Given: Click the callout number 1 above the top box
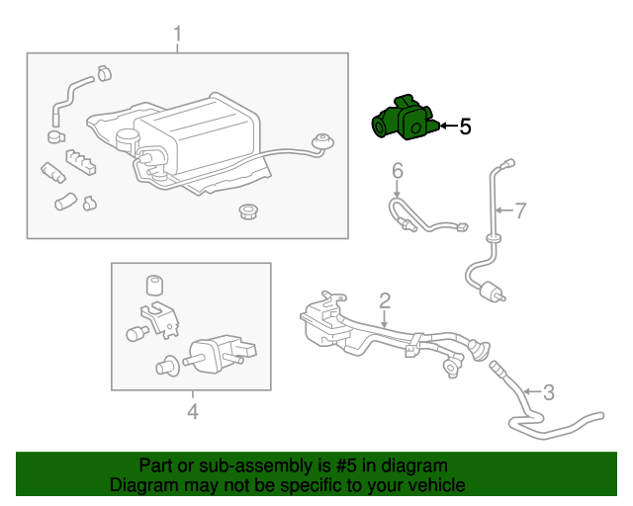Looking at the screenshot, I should click(178, 37).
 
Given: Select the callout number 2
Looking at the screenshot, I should click(385, 299).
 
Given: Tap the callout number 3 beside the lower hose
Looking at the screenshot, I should click(549, 390).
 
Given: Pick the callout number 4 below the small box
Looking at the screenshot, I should click(192, 411).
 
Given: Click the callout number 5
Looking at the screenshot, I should click(465, 126).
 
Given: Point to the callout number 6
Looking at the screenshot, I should click(397, 171).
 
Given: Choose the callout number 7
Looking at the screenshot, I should click(520, 210).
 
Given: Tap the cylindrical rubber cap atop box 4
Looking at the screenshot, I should click(154, 286).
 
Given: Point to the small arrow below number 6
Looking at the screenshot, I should click(397, 190).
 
